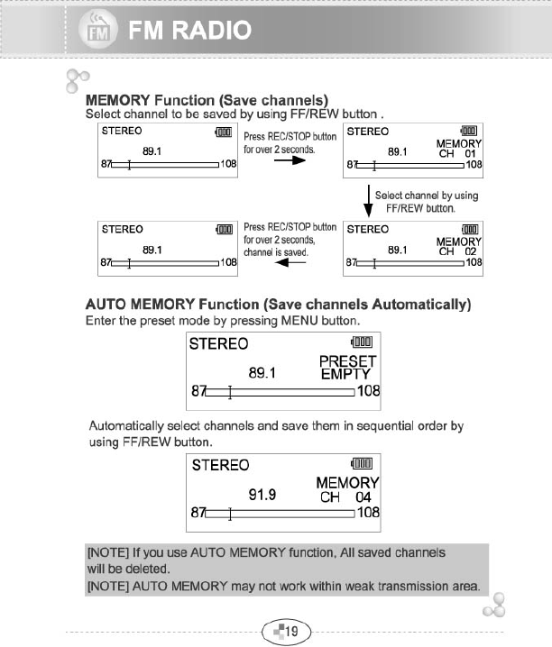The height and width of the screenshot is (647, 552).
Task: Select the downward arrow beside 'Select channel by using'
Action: coord(367,201)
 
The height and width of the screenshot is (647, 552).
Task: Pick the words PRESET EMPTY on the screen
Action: coord(347,367)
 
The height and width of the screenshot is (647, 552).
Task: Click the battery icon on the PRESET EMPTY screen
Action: coord(362,342)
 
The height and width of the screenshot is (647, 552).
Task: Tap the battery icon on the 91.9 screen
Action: coord(362,464)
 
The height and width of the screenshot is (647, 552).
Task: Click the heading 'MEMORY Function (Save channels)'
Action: coord(206,99)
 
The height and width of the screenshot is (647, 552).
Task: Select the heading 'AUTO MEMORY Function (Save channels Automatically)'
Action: coord(278,304)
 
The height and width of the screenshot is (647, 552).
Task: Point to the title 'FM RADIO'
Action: coord(189,33)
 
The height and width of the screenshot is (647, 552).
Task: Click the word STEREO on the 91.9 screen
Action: coord(220,465)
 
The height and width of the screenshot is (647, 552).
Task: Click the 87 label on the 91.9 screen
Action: coord(198,512)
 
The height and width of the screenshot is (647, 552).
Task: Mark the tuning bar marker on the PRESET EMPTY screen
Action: coord(231,391)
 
